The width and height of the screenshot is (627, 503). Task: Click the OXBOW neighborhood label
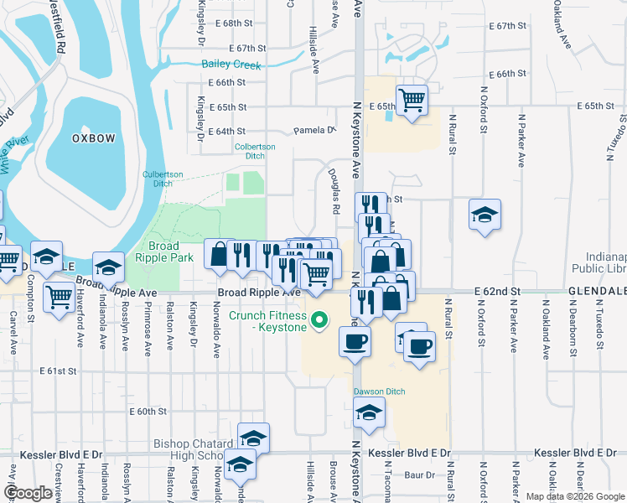92,137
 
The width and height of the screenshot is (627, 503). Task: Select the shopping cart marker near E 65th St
412,100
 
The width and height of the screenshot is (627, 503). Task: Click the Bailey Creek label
231,65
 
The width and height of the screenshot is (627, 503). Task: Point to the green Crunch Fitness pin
318,319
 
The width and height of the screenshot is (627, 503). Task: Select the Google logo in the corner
28,492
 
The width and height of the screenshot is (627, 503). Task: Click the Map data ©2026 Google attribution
574,496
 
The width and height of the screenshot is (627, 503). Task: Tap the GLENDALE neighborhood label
598,290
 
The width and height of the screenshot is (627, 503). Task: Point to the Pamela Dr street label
313,131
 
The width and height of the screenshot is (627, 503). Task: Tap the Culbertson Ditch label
146,178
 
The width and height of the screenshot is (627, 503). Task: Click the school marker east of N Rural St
484,215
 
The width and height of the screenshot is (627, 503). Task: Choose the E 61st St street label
58,371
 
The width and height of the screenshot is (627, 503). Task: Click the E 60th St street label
148,411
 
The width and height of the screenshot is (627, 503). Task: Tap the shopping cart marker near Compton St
58,295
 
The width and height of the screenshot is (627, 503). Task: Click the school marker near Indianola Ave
108,267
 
